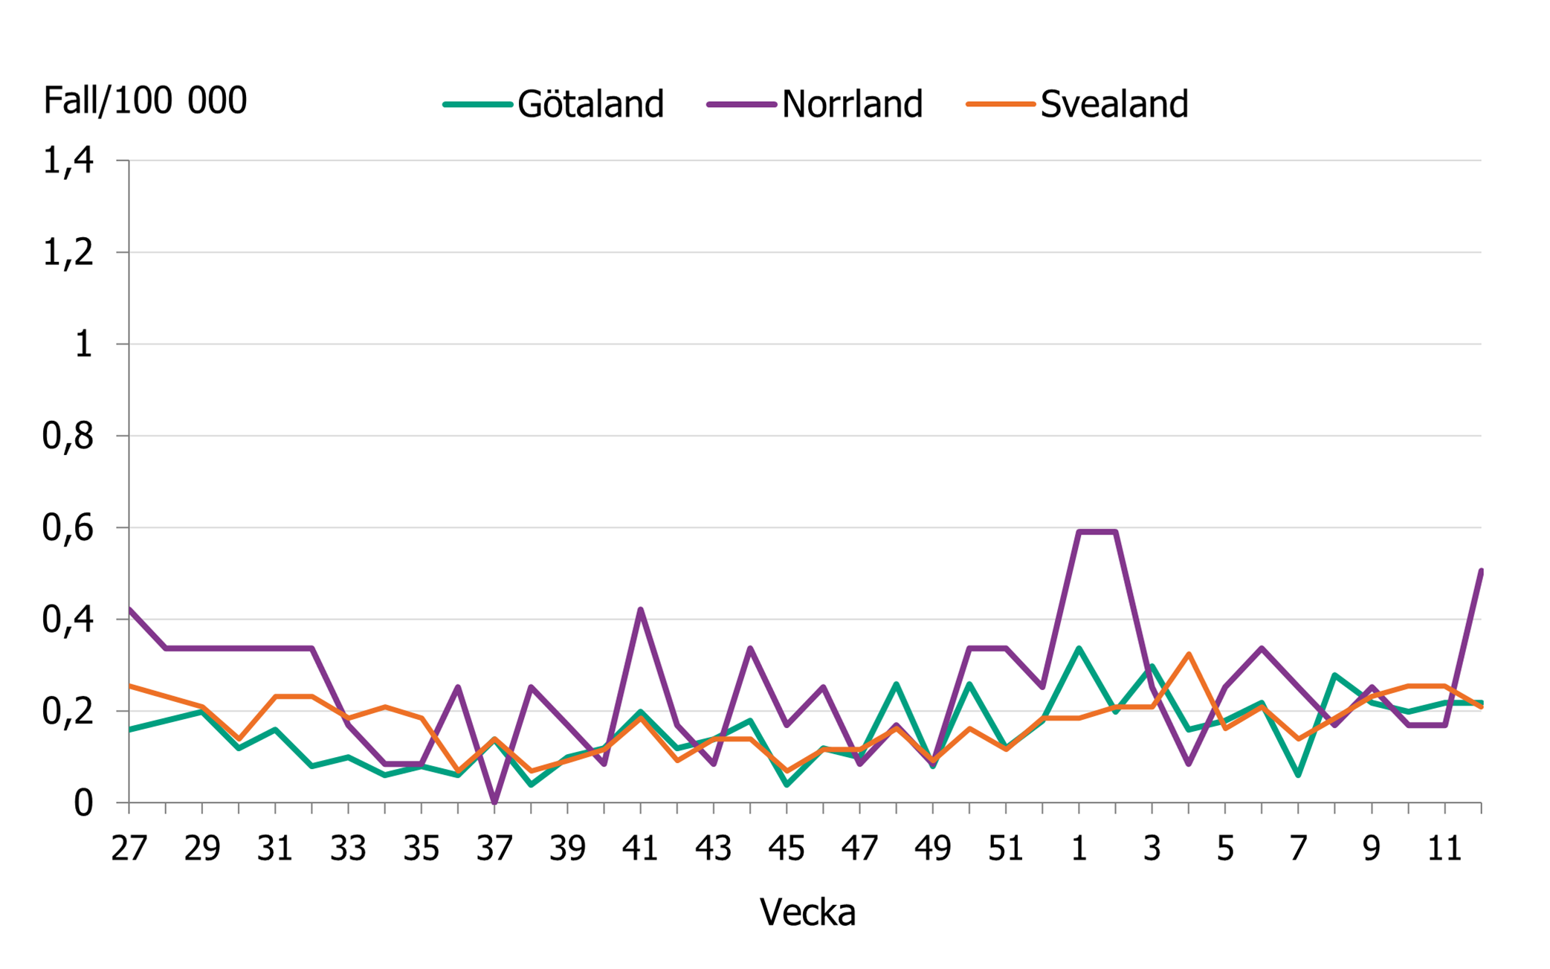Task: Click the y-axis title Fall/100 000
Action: (145, 100)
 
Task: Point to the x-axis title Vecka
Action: (807, 912)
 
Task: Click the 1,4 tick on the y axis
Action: (68, 161)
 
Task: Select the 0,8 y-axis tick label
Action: (68, 436)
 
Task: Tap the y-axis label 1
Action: (83, 344)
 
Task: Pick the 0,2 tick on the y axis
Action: (68, 712)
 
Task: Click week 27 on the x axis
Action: (129, 849)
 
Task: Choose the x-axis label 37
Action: (494, 849)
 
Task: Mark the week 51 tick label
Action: (1006, 849)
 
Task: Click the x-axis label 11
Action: (1444, 849)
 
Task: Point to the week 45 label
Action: (787, 849)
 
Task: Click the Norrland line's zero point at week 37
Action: (494, 802)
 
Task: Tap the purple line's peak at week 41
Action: (641, 610)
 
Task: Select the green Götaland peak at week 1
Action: (1079, 648)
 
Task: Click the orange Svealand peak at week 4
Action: (1189, 654)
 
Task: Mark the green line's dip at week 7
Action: (1298, 775)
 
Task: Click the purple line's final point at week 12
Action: (1480, 571)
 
